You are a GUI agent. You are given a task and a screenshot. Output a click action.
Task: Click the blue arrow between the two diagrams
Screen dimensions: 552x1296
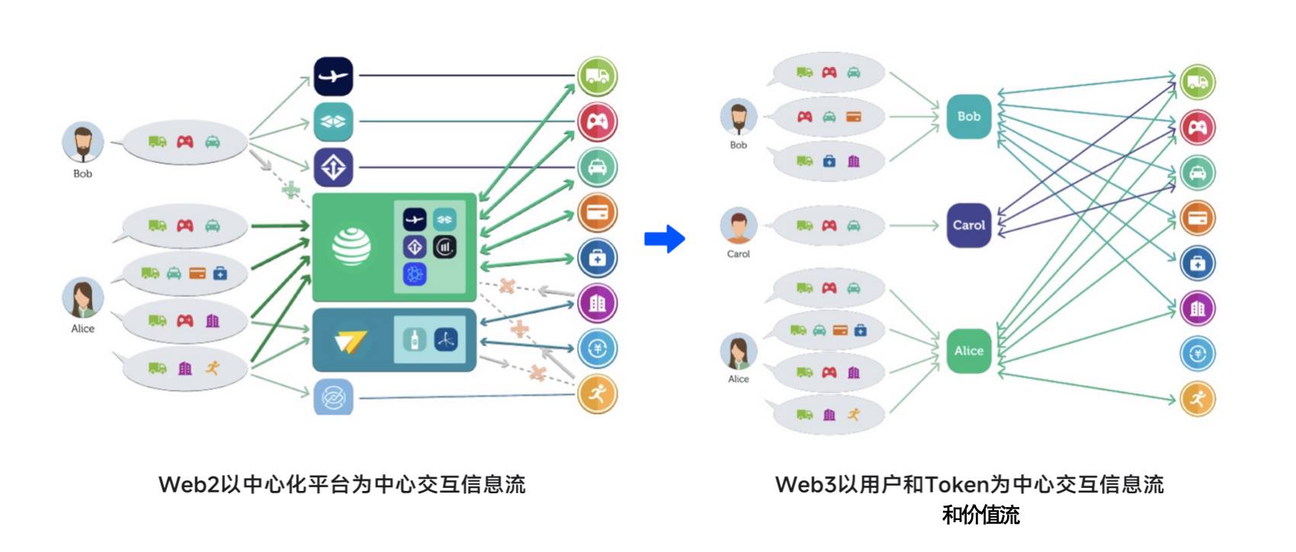(x=664, y=239)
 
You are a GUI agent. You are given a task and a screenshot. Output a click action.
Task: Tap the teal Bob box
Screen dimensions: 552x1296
(x=969, y=117)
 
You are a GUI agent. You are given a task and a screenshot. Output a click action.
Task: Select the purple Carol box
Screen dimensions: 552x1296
(x=969, y=226)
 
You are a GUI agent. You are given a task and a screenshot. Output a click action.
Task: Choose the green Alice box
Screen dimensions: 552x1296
(x=969, y=351)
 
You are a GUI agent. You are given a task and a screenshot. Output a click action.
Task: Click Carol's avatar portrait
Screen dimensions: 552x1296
(x=738, y=226)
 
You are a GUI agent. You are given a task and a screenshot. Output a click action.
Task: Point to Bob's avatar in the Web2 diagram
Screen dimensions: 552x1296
(x=82, y=142)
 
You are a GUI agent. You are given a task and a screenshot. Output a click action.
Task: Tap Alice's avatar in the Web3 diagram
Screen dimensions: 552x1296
(x=738, y=351)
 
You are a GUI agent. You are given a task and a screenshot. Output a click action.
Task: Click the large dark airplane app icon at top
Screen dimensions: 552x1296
(x=333, y=76)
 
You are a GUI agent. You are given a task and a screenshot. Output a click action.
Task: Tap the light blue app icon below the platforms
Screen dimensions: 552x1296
(x=333, y=397)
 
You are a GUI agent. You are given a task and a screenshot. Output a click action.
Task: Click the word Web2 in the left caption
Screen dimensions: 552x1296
(x=188, y=485)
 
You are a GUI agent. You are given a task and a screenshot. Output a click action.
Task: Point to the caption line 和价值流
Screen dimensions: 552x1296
(x=980, y=515)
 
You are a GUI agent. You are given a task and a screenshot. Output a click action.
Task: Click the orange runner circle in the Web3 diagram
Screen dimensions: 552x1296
(x=1198, y=399)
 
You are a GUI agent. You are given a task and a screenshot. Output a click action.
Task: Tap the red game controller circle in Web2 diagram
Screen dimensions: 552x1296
(x=597, y=122)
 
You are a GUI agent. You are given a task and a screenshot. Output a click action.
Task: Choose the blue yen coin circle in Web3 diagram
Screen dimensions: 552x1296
(x=1198, y=354)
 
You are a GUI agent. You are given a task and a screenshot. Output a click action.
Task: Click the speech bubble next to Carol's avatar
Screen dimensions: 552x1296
(x=829, y=226)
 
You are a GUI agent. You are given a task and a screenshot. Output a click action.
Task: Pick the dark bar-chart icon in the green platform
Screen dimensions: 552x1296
(x=445, y=247)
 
